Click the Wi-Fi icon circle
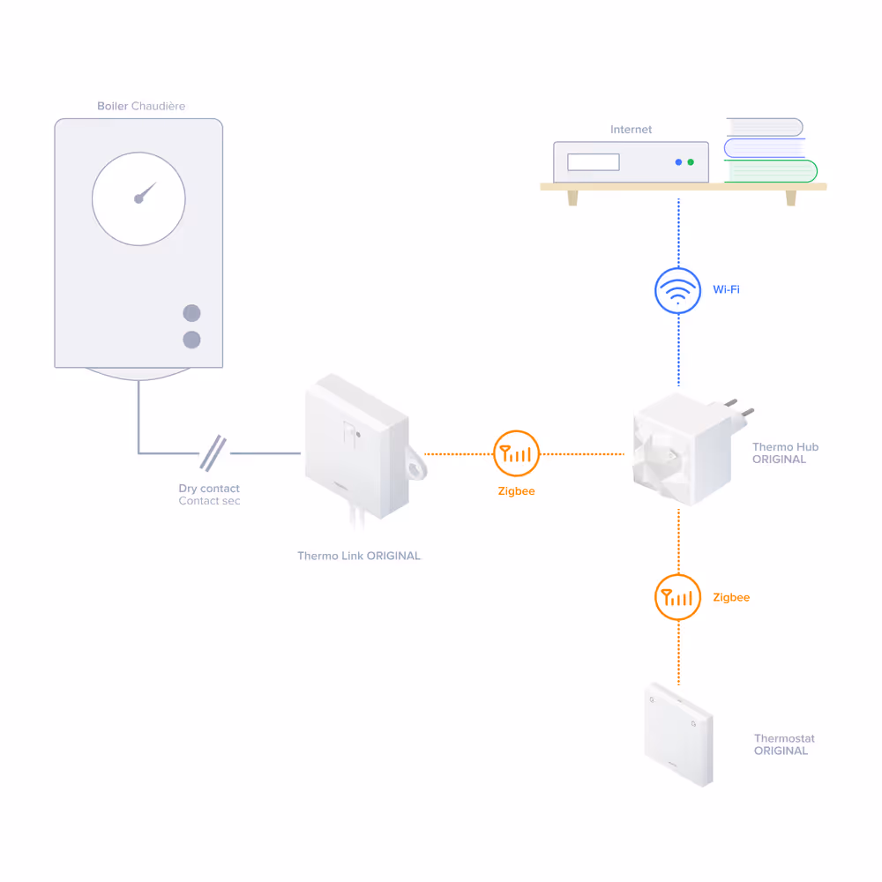tap(678, 290)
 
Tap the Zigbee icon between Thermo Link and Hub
tap(516, 453)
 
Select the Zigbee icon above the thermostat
tap(678, 597)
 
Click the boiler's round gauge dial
tap(138, 198)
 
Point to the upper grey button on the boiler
tap(191, 313)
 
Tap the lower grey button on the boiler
tap(191, 340)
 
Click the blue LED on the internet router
tap(678, 162)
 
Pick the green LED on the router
tap(691, 162)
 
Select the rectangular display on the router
tap(593, 162)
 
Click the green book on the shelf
tap(770, 171)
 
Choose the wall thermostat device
tap(677, 734)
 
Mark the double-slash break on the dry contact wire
tap(213, 452)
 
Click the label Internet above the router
tap(631, 130)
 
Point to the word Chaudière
tap(158, 107)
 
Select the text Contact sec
tap(209, 501)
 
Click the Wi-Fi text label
tap(726, 290)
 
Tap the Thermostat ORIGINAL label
tap(783, 744)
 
